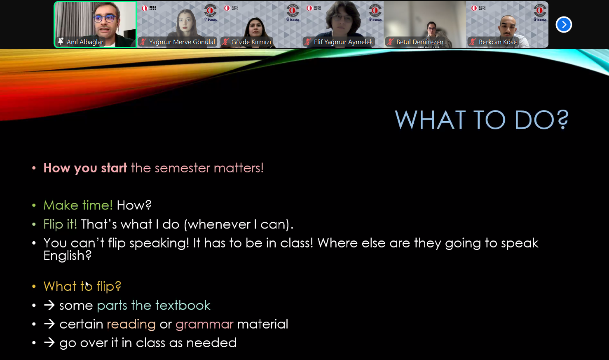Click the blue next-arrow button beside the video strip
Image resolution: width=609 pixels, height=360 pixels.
tap(564, 25)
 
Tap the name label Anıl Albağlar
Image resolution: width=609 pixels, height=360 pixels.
tap(85, 42)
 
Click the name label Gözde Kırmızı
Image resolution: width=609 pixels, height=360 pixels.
tap(251, 42)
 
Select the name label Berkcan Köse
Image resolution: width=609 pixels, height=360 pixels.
tap(497, 42)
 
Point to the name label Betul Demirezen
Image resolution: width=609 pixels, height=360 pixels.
tap(420, 42)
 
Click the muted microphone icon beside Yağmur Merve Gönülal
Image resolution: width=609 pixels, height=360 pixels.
tap(143, 42)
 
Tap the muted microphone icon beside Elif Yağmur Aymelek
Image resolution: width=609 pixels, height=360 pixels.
tap(308, 42)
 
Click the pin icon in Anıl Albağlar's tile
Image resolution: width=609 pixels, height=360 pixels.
tap(61, 41)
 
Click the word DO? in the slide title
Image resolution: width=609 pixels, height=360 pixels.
tap(541, 120)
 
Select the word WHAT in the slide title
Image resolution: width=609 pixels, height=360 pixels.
tap(430, 120)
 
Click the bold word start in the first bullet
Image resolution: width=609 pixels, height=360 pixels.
tap(114, 168)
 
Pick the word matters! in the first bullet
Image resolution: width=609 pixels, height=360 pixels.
tap(239, 168)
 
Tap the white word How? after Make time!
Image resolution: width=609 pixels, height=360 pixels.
tap(134, 205)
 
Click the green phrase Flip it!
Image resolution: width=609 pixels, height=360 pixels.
tap(60, 224)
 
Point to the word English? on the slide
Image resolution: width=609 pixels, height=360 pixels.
tap(68, 256)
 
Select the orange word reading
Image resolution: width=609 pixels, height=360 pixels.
tap(131, 325)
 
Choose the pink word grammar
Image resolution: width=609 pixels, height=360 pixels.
tap(204, 325)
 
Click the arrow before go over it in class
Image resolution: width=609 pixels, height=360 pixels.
tap(49, 343)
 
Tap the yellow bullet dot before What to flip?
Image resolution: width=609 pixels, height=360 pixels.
tap(34, 287)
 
